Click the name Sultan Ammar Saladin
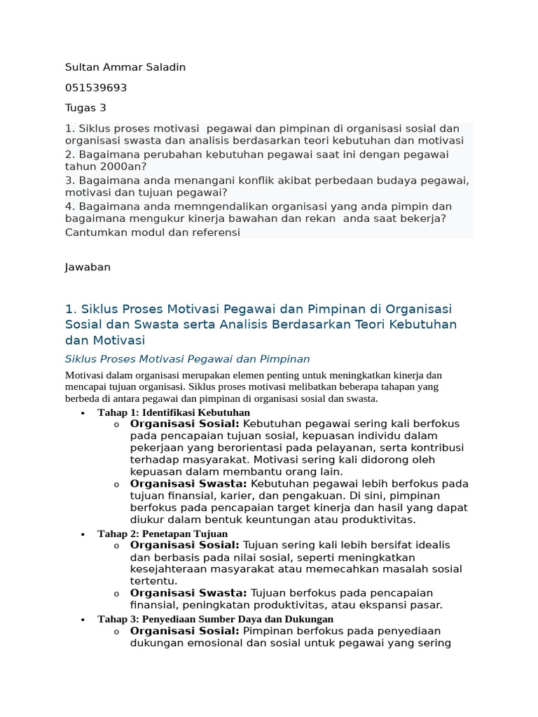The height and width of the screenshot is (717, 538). tap(125, 67)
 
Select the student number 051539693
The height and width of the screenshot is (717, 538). tap(96, 88)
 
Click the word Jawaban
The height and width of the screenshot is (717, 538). tap(88, 267)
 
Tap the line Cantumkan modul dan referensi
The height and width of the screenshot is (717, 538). tap(152, 232)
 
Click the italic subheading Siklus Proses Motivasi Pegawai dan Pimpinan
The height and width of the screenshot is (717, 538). tap(187, 359)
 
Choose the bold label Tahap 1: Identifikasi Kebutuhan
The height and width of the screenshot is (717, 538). tap(174, 412)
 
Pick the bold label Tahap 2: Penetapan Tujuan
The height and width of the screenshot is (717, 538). tap(163, 534)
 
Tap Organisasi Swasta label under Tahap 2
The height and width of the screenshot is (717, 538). tap(188, 593)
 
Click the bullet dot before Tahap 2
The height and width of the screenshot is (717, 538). tap(83, 534)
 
